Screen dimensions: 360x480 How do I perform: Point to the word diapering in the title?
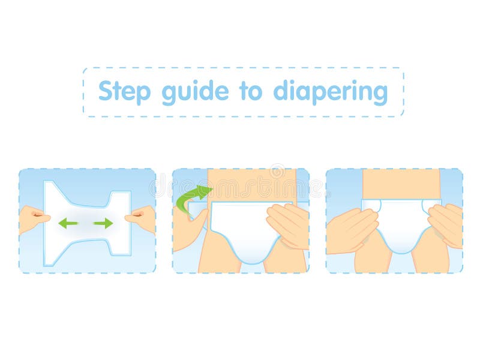click(331, 92)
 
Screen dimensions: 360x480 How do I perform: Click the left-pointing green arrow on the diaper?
click(68, 223)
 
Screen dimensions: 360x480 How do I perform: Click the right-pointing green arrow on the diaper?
click(103, 223)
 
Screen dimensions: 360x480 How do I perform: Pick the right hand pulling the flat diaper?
click(142, 217)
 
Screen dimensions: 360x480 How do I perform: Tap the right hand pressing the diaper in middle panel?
click(288, 224)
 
